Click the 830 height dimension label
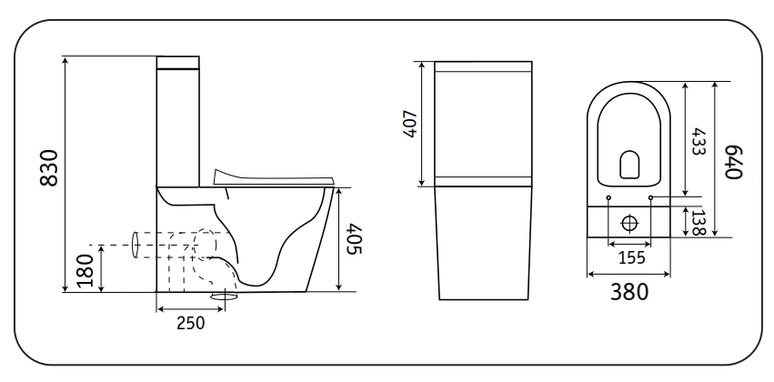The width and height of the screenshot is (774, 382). (51, 168)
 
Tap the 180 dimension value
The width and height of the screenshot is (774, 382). (85, 270)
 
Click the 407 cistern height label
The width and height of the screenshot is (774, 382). (410, 124)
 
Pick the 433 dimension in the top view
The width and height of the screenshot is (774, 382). (698, 138)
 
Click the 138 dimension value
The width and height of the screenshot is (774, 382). (699, 222)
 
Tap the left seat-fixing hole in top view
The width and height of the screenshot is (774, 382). (607, 196)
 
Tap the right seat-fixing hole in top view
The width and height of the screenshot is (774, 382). (651, 196)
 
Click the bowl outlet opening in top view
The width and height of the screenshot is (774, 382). (629, 163)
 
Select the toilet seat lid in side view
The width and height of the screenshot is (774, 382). (273, 176)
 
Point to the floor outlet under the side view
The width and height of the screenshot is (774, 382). (225, 296)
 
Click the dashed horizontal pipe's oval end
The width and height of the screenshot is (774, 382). (136, 244)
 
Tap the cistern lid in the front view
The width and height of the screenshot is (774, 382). (482, 66)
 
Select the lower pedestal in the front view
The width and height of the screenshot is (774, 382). (482, 241)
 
